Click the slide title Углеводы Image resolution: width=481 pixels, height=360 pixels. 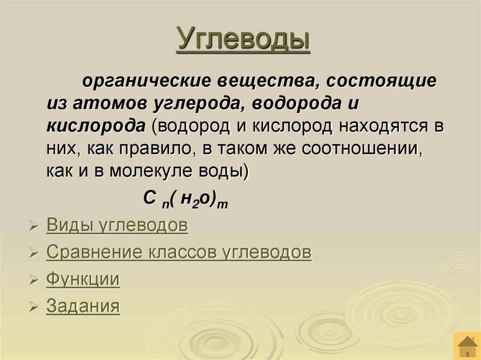click(243, 39)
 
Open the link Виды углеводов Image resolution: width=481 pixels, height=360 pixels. click(117, 226)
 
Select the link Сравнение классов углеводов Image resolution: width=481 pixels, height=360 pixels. click(178, 253)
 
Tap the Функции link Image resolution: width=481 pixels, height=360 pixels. click(83, 280)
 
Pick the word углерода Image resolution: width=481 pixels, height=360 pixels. click(198, 104)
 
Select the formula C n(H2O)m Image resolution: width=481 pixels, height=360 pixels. click(185, 199)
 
